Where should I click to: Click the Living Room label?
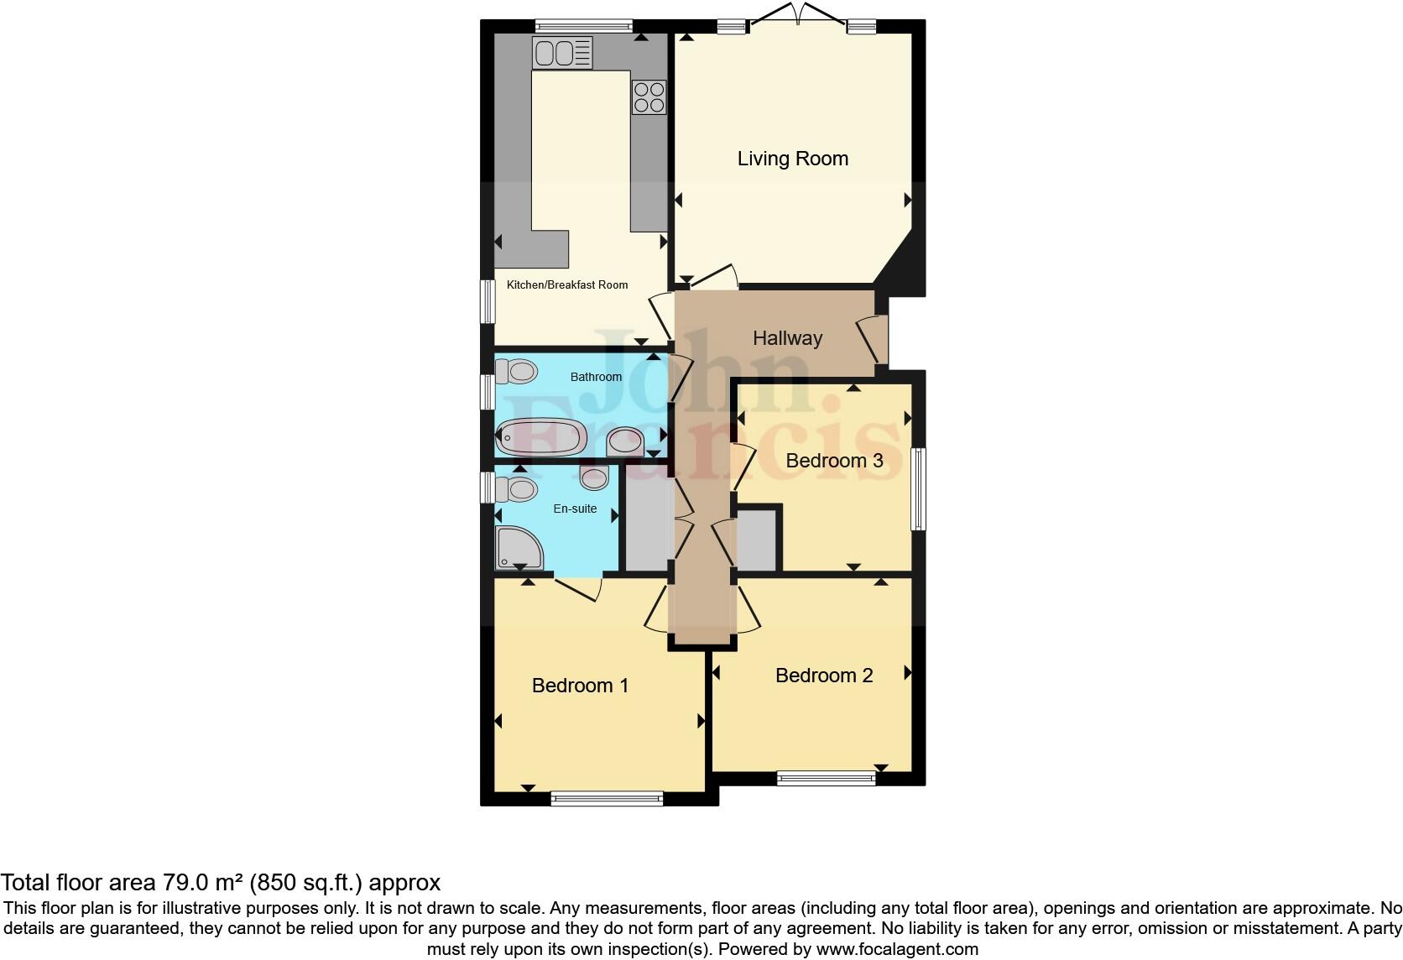(792, 159)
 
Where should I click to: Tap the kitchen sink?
(561, 54)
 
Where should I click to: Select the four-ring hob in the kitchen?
(649, 97)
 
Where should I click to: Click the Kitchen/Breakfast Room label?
(567, 285)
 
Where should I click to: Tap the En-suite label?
(575, 509)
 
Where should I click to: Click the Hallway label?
(787, 338)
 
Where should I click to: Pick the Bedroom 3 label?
(834, 461)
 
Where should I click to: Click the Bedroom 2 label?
(824, 676)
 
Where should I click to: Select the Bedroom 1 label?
(580, 686)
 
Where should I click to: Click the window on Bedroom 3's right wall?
(918, 489)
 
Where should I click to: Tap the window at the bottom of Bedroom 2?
(826, 779)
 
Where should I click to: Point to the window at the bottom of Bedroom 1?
(607, 799)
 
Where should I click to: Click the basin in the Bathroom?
(625, 441)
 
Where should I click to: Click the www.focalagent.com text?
(896, 949)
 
